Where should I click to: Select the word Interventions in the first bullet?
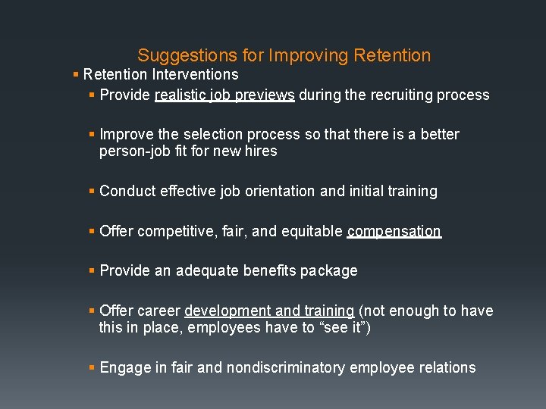(195, 74)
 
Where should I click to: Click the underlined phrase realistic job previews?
(224, 95)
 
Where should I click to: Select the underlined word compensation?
(394, 231)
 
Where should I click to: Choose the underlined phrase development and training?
(269, 311)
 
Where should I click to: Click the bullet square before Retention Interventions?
(75, 74)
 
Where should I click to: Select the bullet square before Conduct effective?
(92, 191)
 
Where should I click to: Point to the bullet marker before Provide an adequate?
(92, 270)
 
